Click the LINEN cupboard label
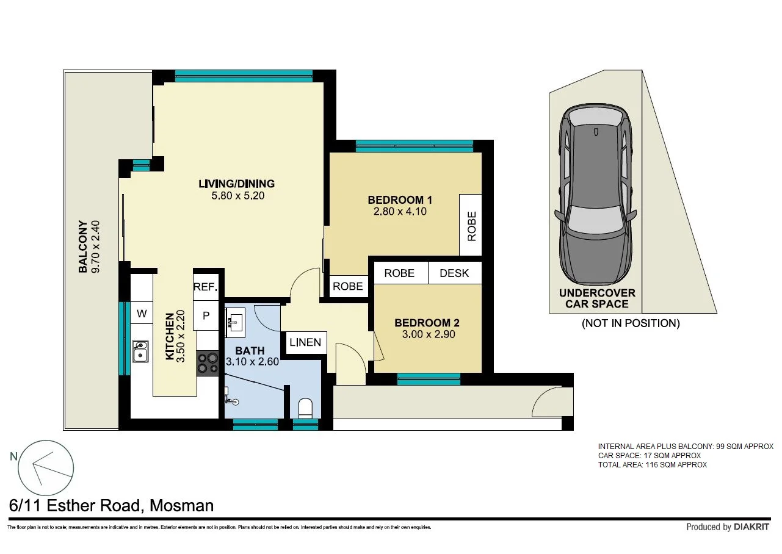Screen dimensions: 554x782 point(305,342)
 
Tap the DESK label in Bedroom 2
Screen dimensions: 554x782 point(454,273)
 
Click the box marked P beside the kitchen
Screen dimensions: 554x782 point(206,315)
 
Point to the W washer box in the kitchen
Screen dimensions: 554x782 point(142,314)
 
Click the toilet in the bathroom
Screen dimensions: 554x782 point(305,408)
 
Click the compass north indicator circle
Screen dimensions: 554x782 point(46,468)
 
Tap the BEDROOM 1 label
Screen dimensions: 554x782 point(400,200)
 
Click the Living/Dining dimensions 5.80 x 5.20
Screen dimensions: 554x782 point(236,196)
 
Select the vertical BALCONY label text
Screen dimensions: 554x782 point(83,246)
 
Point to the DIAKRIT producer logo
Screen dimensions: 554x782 point(751,527)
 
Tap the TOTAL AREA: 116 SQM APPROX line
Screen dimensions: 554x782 point(653,465)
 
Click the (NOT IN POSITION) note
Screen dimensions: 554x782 point(630,323)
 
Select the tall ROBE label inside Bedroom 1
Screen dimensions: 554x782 point(471,226)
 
